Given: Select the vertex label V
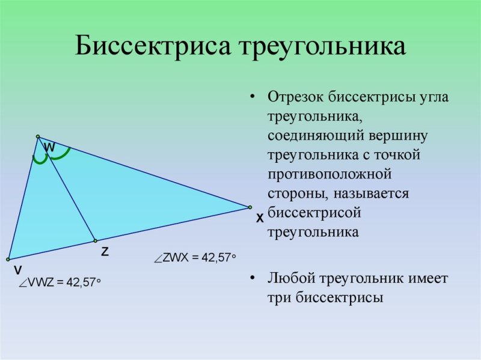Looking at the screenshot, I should pos(19,270).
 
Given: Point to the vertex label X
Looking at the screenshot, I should pos(260,219).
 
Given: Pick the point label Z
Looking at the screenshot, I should pos(105,252).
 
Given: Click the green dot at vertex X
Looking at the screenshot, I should pos(250,207).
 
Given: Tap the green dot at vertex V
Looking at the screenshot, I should pos(8,260).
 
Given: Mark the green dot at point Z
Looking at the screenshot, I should pos(95,240).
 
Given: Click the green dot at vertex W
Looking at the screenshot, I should pos(37,136).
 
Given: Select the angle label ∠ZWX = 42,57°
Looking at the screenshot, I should pos(194,258).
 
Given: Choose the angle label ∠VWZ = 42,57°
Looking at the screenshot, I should pos(60,283).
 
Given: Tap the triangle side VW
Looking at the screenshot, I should pos(23,198).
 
